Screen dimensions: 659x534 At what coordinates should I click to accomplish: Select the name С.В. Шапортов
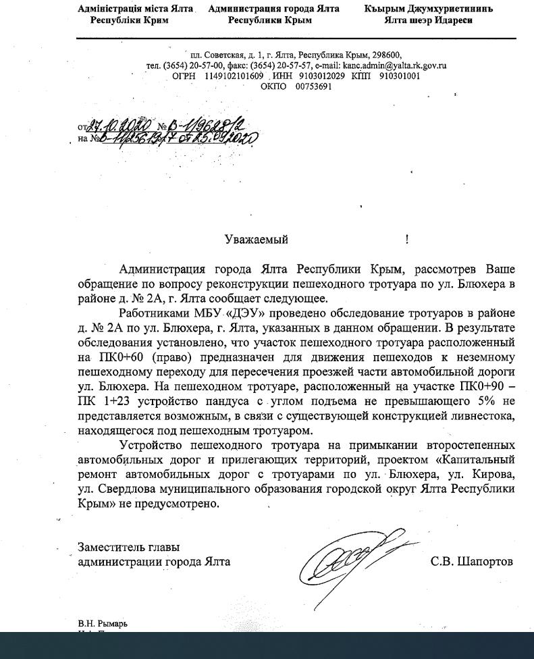click(x=471, y=562)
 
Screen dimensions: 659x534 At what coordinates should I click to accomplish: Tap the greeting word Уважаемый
click(x=256, y=240)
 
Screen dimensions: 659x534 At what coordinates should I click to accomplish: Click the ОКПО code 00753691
click(x=313, y=86)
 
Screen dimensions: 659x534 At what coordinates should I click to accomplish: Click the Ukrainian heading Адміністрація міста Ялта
click(x=135, y=9)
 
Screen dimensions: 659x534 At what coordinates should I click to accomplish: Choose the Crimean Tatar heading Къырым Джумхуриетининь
click(x=428, y=9)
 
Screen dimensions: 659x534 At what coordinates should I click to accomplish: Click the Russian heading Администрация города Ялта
click(x=274, y=9)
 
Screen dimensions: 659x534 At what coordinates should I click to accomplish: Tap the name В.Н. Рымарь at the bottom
click(x=102, y=623)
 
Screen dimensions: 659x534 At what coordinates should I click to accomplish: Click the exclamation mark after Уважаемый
click(x=407, y=240)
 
